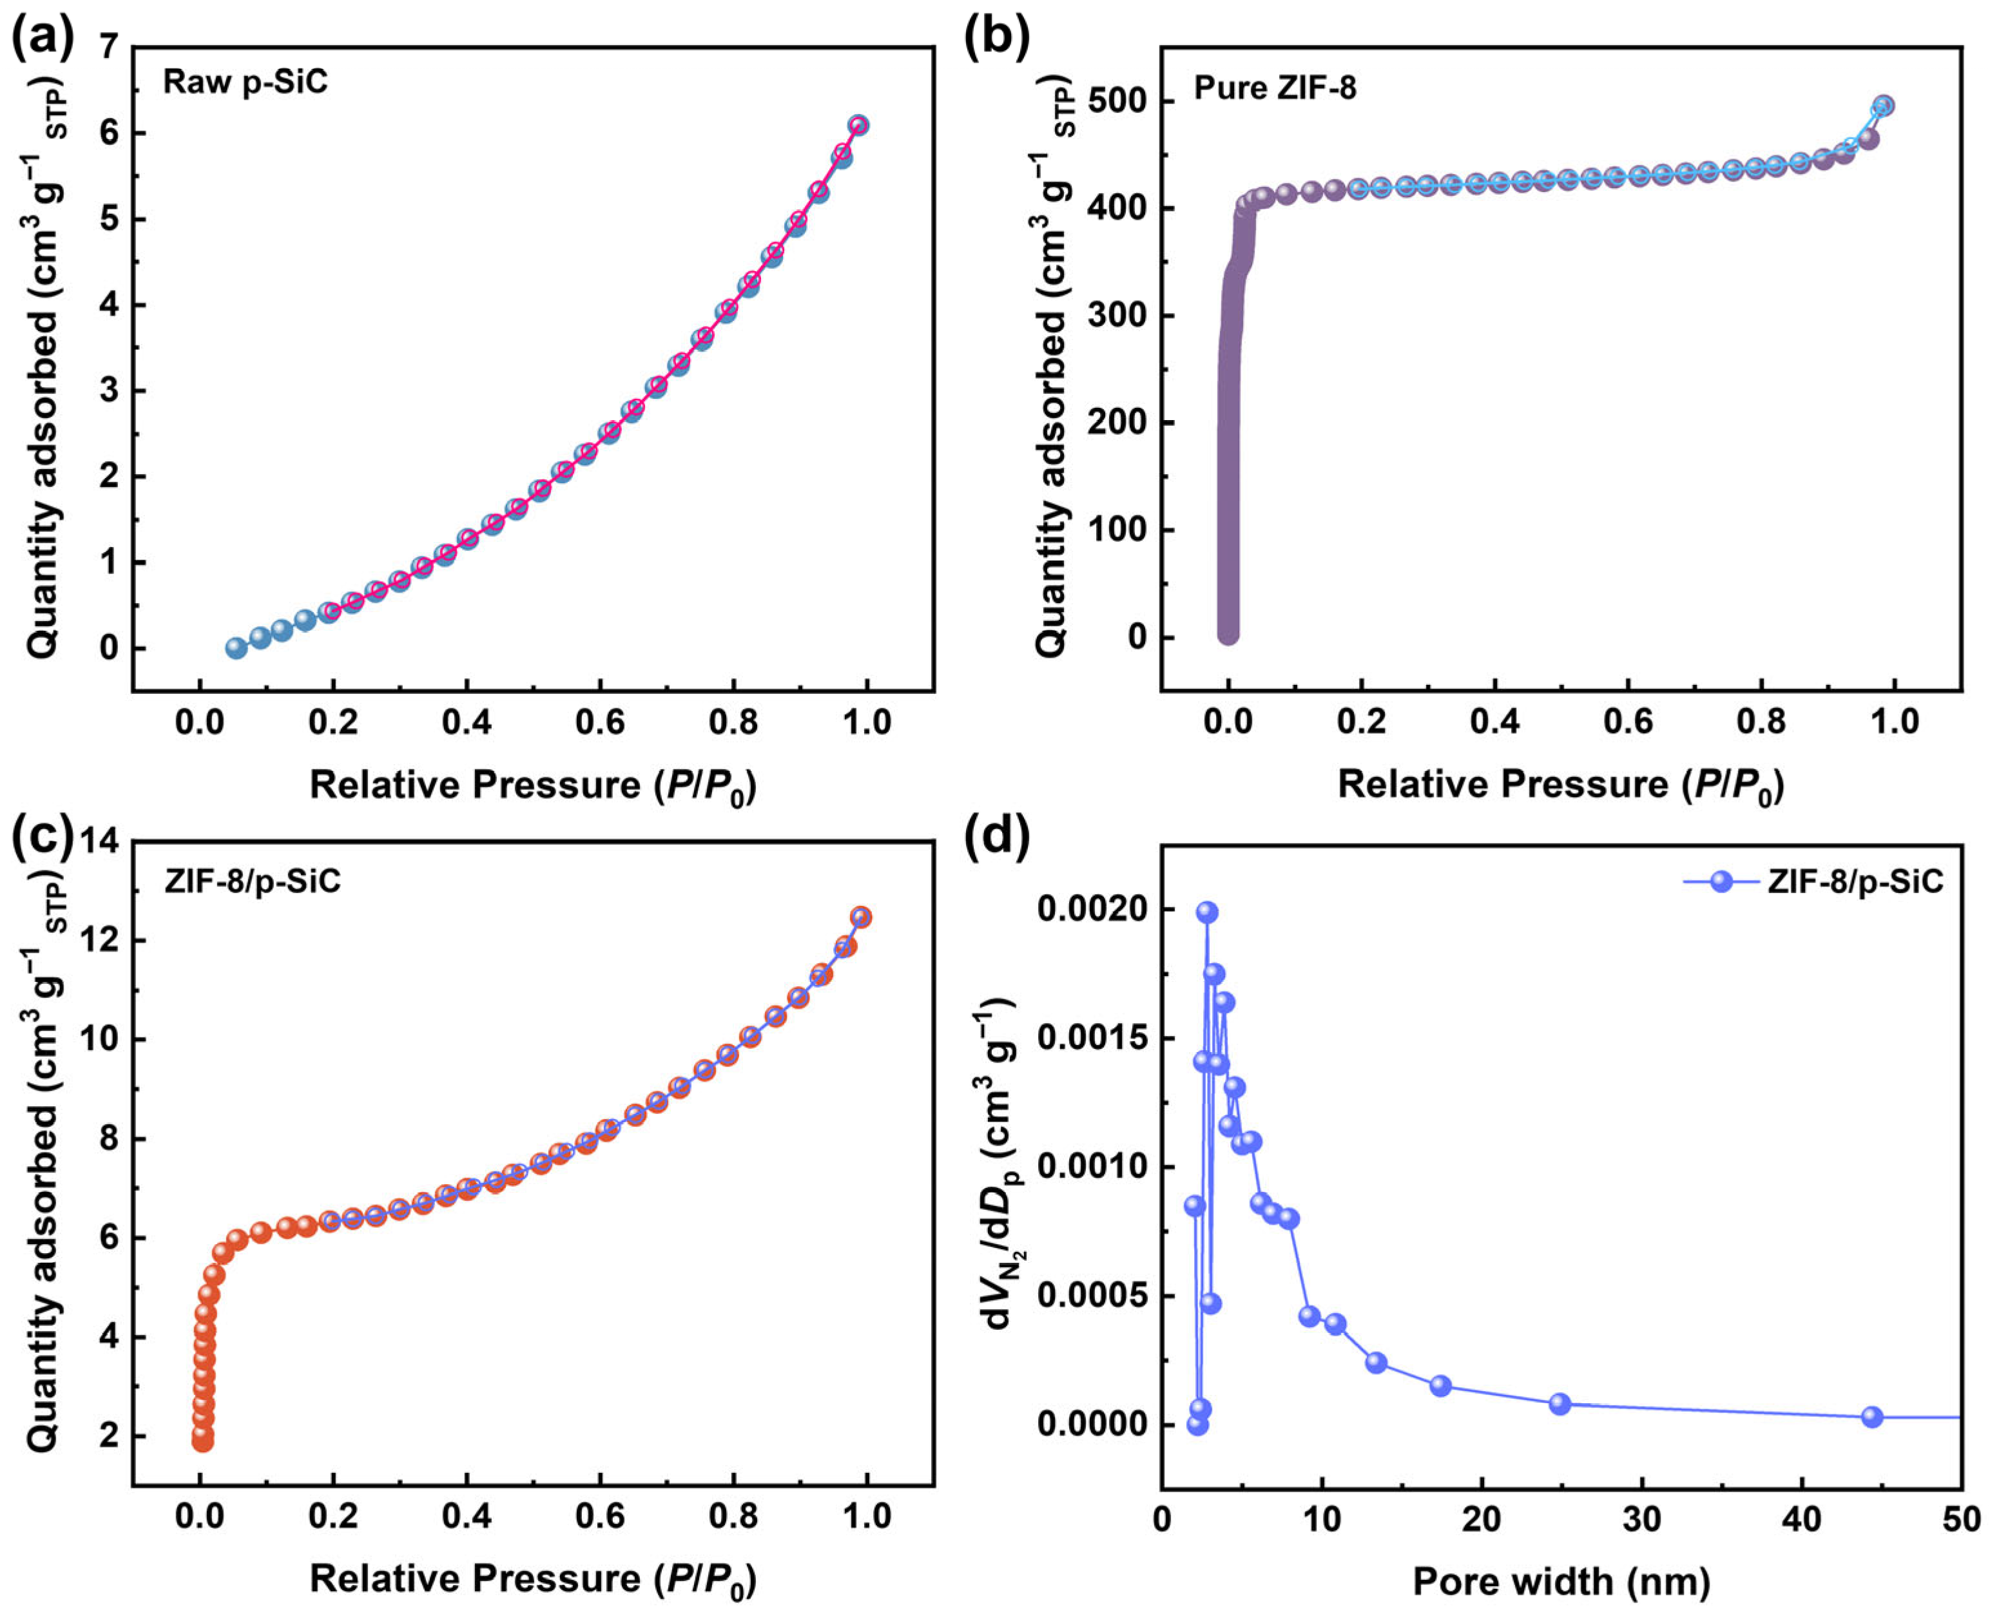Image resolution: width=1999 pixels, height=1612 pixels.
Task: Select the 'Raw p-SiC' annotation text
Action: click(246, 82)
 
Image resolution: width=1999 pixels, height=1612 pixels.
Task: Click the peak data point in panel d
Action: click(1206, 912)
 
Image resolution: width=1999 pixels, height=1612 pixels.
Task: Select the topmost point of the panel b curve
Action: click(1883, 105)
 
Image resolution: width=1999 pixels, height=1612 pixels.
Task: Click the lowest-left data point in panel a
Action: click(236, 648)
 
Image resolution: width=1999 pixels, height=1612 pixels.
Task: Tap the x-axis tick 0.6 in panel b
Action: click(1627, 722)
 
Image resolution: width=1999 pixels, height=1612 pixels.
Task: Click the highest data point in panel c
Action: click(860, 917)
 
